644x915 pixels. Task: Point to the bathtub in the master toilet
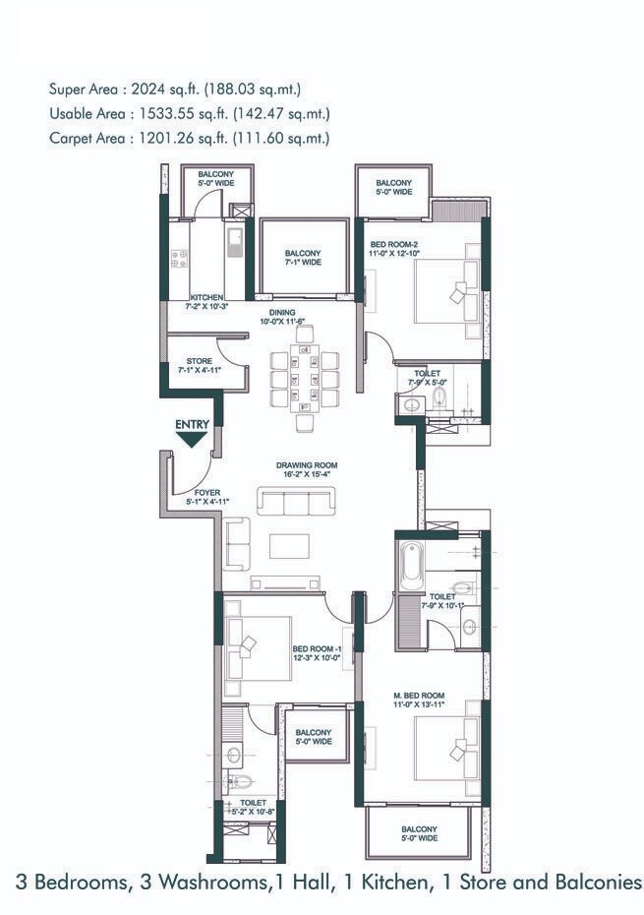pyautogui.click(x=409, y=569)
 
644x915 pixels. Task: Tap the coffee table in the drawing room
pyautogui.click(x=289, y=546)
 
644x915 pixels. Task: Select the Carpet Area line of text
pyautogui.click(x=189, y=139)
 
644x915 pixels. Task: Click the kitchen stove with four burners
pyautogui.click(x=180, y=259)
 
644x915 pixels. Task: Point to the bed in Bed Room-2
pyautogui.click(x=448, y=291)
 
